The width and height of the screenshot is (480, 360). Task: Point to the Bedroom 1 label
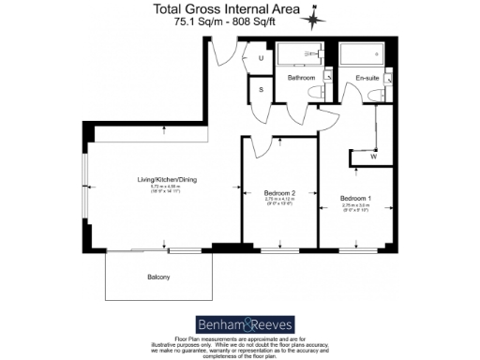[x=355, y=199]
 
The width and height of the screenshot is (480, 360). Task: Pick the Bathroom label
[x=301, y=78]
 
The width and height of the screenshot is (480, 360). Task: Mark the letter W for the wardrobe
[x=373, y=157]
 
